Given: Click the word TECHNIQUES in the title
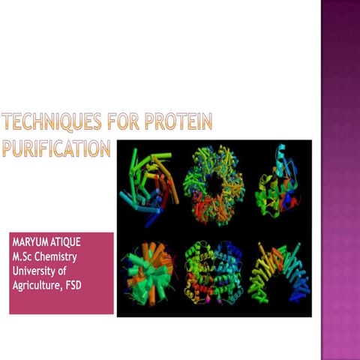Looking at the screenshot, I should (x=51, y=121).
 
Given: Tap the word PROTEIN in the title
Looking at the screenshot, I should (x=182, y=121).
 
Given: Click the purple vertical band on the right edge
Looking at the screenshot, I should (x=340, y=180).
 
